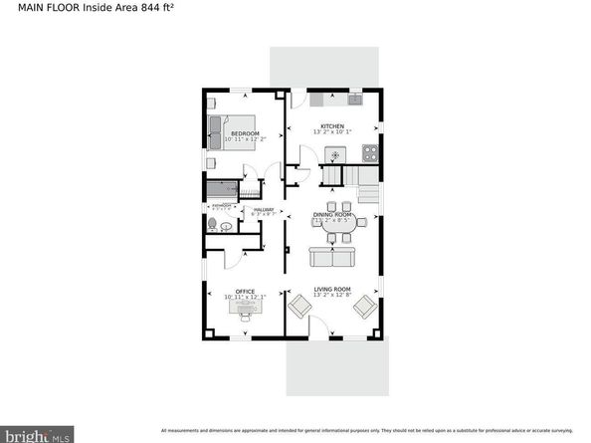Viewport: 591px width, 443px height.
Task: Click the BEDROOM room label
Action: (244, 132)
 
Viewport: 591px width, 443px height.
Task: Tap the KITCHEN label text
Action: (331, 126)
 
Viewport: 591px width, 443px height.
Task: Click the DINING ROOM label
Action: (333, 214)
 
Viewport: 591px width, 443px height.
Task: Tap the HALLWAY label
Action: (263, 209)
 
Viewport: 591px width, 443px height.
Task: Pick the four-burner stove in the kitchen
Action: (370, 153)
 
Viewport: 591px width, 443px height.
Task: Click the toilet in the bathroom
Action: (212, 226)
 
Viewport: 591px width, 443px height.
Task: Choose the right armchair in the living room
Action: (364, 307)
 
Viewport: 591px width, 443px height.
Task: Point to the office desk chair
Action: (244, 321)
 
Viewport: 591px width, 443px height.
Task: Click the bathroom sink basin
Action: (228, 226)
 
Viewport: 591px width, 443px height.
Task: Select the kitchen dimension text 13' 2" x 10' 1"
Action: (331, 133)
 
